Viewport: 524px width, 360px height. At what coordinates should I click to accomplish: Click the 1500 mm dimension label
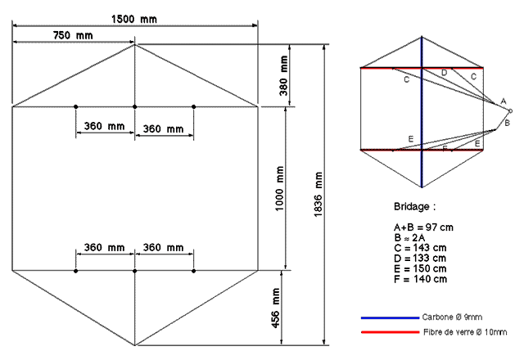[134, 19]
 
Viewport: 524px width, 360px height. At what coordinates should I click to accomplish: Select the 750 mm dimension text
[73, 35]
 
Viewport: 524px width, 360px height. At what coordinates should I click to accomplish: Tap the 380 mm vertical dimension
[283, 75]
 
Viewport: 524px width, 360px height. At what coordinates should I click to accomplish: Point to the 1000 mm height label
[279, 189]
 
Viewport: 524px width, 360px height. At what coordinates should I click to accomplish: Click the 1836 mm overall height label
[318, 195]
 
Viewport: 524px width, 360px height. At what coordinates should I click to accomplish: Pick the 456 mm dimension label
[276, 308]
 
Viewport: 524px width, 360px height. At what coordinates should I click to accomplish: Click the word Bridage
[411, 207]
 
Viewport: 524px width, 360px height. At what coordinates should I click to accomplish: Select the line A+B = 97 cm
[423, 227]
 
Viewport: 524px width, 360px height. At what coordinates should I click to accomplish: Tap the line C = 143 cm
[420, 248]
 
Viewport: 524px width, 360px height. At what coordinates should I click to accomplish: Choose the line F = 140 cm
[420, 279]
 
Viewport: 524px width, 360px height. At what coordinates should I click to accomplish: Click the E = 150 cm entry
[420, 269]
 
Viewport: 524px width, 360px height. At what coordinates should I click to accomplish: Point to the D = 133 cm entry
[420, 259]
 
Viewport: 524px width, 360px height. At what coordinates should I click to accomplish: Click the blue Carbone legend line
[390, 318]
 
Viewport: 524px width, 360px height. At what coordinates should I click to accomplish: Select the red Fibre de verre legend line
[390, 332]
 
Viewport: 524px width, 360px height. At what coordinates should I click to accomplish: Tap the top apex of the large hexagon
[134, 44]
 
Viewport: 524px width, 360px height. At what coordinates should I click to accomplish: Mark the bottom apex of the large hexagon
[134, 345]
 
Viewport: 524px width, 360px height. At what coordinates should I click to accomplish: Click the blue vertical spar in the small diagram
[422, 112]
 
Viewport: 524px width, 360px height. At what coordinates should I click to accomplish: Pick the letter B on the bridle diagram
[507, 123]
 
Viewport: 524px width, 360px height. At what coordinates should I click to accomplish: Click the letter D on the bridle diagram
[444, 73]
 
